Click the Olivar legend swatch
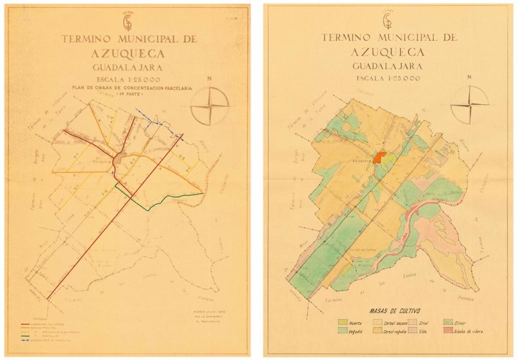click(x=446, y=322)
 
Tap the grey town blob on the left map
click(x=119, y=159)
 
